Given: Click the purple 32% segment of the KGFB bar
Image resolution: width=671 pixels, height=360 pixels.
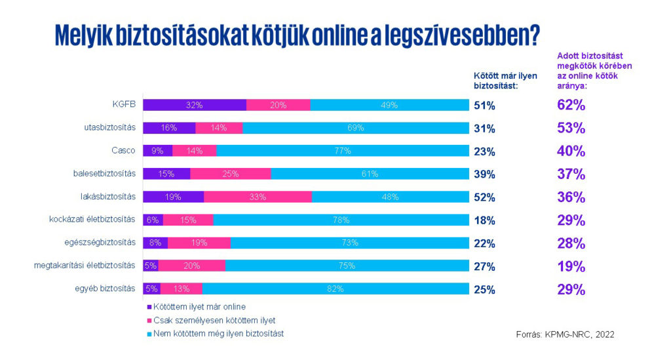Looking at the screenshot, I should [194, 105].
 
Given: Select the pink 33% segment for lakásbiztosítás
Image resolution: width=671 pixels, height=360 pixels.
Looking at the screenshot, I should [258, 197].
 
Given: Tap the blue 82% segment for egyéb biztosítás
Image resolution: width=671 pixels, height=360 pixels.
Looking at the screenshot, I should [335, 289].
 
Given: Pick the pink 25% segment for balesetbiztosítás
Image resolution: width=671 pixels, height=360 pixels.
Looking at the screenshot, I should [230, 174].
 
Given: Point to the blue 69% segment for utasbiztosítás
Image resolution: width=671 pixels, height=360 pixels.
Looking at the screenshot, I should [356, 128].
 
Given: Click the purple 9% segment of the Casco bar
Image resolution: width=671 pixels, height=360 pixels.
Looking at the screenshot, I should [157, 151].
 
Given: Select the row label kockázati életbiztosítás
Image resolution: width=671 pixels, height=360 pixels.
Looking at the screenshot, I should [92, 219].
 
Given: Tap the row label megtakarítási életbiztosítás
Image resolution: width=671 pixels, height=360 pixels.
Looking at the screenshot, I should [85, 266].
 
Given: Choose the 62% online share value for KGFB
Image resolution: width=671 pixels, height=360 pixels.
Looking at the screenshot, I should [571, 105].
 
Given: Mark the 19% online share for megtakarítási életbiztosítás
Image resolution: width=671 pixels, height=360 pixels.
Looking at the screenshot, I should [571, 266].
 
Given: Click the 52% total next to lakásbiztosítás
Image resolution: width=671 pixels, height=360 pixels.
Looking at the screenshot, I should [484, 197].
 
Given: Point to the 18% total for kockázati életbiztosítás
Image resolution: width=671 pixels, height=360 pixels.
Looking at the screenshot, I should [484, 220].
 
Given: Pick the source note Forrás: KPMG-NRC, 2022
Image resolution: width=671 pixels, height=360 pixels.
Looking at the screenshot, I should [566, 334].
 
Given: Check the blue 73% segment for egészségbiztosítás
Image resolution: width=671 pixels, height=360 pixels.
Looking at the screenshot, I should [349, 243].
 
